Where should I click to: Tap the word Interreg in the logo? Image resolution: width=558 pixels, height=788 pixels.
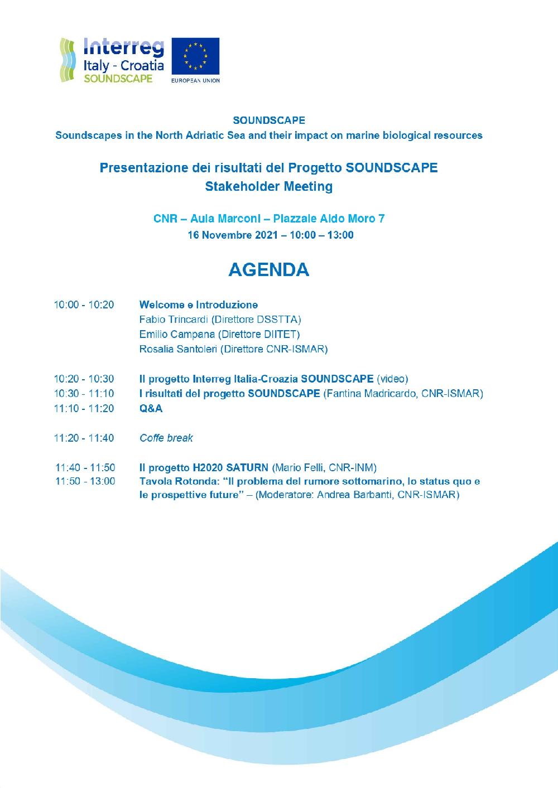pos(123,47)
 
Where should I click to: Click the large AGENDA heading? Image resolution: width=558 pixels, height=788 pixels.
pos(268,269)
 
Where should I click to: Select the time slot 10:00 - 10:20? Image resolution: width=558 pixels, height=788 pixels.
pos(84,305)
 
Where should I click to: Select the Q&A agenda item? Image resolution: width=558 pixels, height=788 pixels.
pos(151,409)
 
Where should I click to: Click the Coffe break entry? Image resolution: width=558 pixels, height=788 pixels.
pos(166,438)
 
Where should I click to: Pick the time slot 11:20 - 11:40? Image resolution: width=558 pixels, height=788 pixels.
pos(84,438)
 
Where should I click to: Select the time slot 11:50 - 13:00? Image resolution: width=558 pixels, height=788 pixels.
pos(85,481)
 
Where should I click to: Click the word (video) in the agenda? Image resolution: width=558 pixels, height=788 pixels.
pos(392,379)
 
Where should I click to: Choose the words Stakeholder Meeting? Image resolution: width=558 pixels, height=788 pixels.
pos(268,186)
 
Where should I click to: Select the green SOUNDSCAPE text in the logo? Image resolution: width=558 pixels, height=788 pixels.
pos(118,79)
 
